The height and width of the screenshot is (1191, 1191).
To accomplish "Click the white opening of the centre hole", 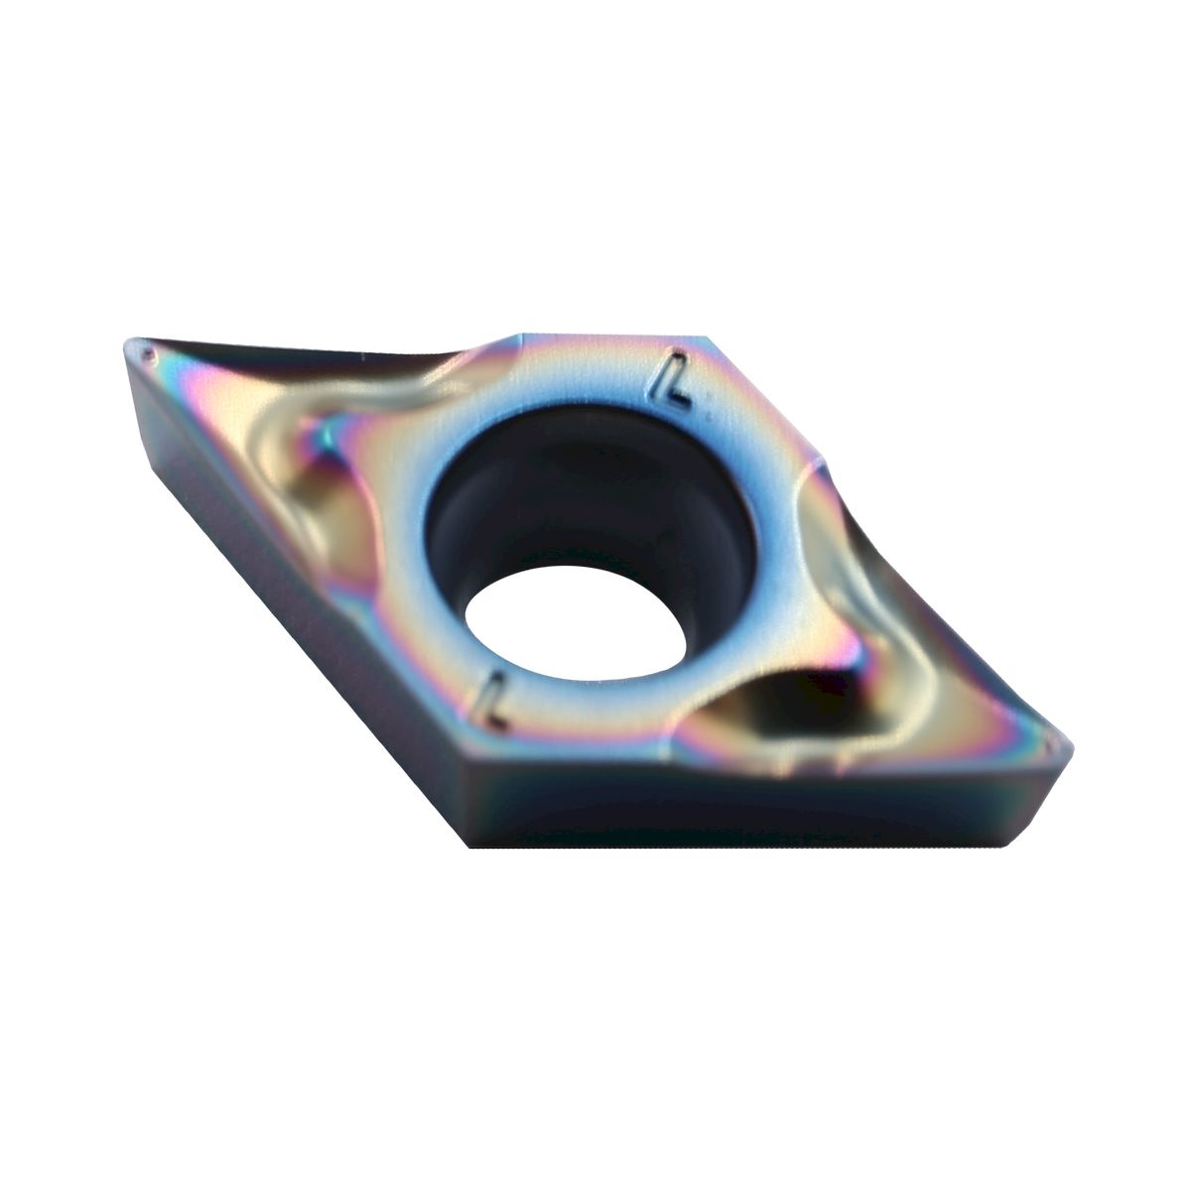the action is point(576,623).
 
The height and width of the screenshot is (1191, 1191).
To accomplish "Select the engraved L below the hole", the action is point(493,702).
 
